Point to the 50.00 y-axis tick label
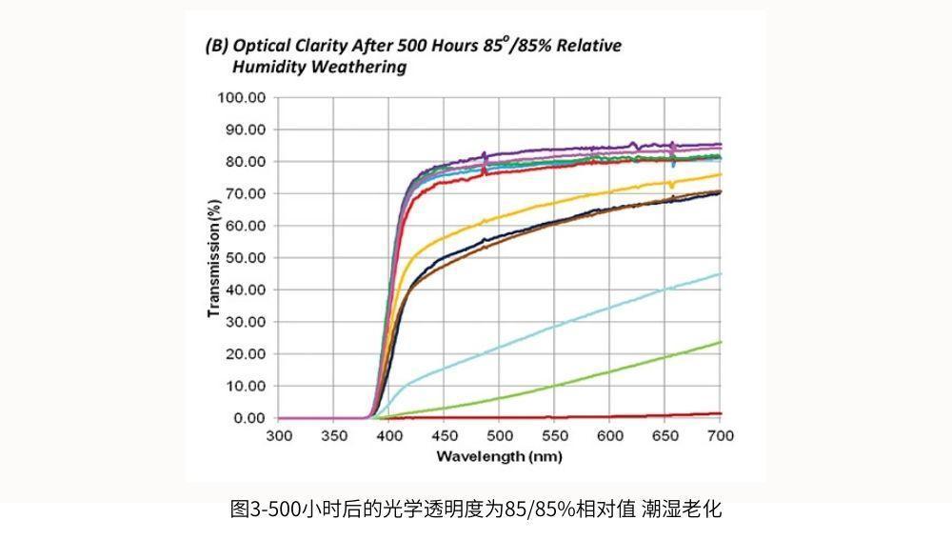tap(245, 257)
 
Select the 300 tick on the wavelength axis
tap(279, 436)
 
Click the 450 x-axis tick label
tap(445, 436)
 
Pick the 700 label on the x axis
tap(721, 436)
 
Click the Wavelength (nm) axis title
tap(499, 456)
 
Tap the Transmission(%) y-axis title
tap(214, 257)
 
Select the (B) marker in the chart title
tap(217, 45)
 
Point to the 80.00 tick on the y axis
tap(245, 161)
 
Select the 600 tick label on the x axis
tap(610, 436)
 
